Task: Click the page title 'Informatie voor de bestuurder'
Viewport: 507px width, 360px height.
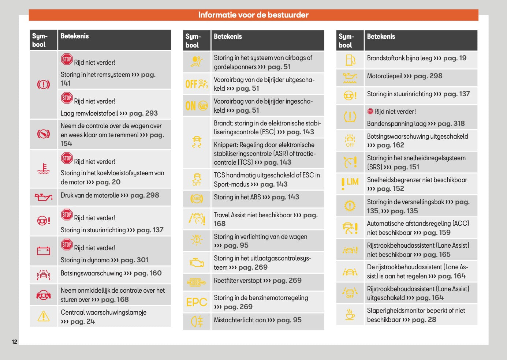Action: tap(253, 15)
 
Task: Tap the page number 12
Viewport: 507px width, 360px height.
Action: tap(15, 342)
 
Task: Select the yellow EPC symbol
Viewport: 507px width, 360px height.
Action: tap(197, 302)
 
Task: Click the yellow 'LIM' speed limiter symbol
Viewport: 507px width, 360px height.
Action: tap(350, 183)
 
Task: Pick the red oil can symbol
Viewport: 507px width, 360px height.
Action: tap(43, 197)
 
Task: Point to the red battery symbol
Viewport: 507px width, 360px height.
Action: tap(43, 251)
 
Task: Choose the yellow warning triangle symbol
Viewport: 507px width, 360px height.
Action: tap(43, 316)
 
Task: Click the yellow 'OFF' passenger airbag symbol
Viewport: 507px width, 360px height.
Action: tap(197, 84)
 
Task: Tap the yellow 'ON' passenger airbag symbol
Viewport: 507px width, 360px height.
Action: tap(197, 106)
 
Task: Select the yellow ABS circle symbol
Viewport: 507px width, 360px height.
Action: tap(197, 199)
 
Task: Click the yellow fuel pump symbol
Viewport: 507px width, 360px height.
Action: tap(350, 60)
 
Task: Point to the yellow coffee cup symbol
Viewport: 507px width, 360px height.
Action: tap(350, 314)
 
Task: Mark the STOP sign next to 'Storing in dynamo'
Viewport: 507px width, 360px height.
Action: tap(67, 244)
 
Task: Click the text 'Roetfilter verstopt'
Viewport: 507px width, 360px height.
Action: tap(238, 281)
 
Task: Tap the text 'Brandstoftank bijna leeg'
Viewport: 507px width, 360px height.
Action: tap(399, 58)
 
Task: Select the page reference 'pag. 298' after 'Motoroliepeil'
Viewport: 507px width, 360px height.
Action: tap(428, 76)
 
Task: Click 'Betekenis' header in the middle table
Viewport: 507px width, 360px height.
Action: tap(228, 37)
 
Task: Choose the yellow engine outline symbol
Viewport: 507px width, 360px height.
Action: tap(197, 262)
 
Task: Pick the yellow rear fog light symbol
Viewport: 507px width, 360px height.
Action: tap(197, 322)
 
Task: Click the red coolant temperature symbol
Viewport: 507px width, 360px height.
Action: tap(43, 169)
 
